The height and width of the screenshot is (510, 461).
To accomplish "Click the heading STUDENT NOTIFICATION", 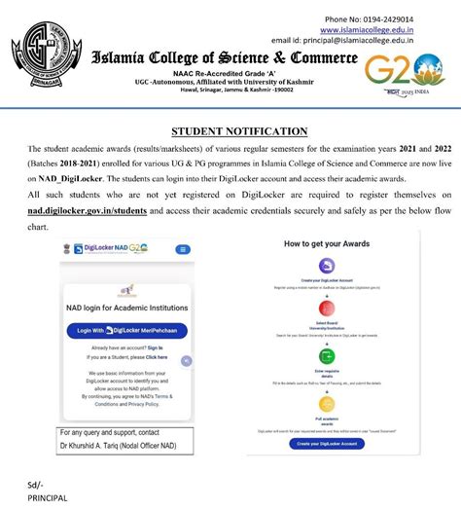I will click(239, 130).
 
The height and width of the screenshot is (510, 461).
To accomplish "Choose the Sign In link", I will click(155, 346).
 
